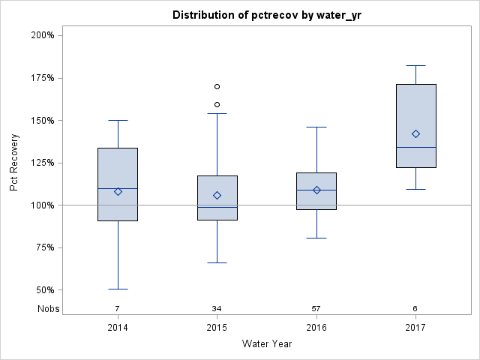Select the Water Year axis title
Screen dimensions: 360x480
click(x=267, y=344)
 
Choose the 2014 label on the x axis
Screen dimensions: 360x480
click(x=118, y=328)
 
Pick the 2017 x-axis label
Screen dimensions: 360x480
click(x=415, y=328)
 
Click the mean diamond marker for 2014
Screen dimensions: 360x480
click(x=118, y=191)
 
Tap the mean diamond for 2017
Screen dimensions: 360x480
click(x=415, y=133)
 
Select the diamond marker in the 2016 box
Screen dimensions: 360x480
click(x=316, y=190)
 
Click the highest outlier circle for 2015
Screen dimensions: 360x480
click(x=217, y=86)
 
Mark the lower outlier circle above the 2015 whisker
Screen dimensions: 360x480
click(x=217, y=104)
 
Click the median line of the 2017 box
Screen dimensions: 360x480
click(x=415, y=147)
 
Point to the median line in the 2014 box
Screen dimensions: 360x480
click(x=118, y=188)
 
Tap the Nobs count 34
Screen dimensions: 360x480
click(x=217, y=309)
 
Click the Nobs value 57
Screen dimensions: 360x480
click(x=316, y=309)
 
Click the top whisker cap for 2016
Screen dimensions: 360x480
click(x=316, y=127)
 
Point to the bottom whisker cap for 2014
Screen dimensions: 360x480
click(x=118, y=289)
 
